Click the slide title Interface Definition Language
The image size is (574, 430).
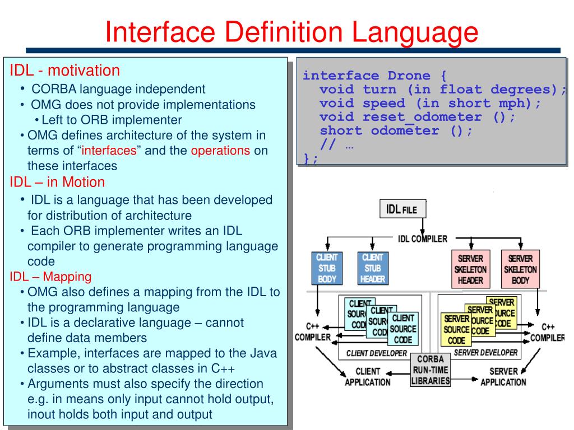point(291,31)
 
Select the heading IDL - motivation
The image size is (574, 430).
point(64,71)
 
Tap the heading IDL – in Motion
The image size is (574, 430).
point(57,182)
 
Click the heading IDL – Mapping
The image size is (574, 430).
point(50,276)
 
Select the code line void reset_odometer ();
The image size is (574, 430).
point(416,117)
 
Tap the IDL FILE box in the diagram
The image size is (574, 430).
point(402,209)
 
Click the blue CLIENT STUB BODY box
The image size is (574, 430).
point(327,268)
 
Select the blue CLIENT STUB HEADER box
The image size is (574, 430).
point(372,268)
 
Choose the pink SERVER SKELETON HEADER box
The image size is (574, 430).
point(470,268)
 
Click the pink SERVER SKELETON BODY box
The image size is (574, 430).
point(520,268)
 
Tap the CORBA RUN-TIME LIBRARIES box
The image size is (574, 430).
point(431,370)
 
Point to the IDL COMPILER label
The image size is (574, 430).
point(423,239)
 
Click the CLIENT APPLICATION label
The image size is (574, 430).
point(368,376)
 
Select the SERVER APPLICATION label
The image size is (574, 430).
point(503,376)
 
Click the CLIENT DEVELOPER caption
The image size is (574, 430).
point(377,353)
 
